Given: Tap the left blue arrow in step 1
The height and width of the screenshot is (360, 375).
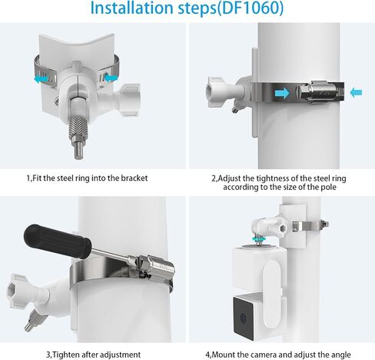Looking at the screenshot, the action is click(41, 78).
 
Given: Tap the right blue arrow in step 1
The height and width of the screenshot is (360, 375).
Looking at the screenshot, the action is click(111, 77).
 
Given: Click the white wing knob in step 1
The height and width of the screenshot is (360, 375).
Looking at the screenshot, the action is click(130, 99).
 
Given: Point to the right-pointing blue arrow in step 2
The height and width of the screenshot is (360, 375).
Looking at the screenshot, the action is click(282, 93).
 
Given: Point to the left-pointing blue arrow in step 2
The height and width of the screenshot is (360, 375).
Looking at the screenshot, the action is click(356, 92).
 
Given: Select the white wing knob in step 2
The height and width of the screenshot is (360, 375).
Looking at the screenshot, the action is click(217, 92).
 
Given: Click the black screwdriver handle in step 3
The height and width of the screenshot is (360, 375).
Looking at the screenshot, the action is click(58, 240).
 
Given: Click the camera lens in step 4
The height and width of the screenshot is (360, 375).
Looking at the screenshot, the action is click(243, 319).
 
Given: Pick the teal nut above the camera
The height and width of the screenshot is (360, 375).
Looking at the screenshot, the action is click(259, 239).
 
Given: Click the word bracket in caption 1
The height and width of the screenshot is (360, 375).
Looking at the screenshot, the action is click(134, 178).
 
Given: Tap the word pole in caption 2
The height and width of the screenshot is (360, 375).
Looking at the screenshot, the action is click(328, 187).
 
